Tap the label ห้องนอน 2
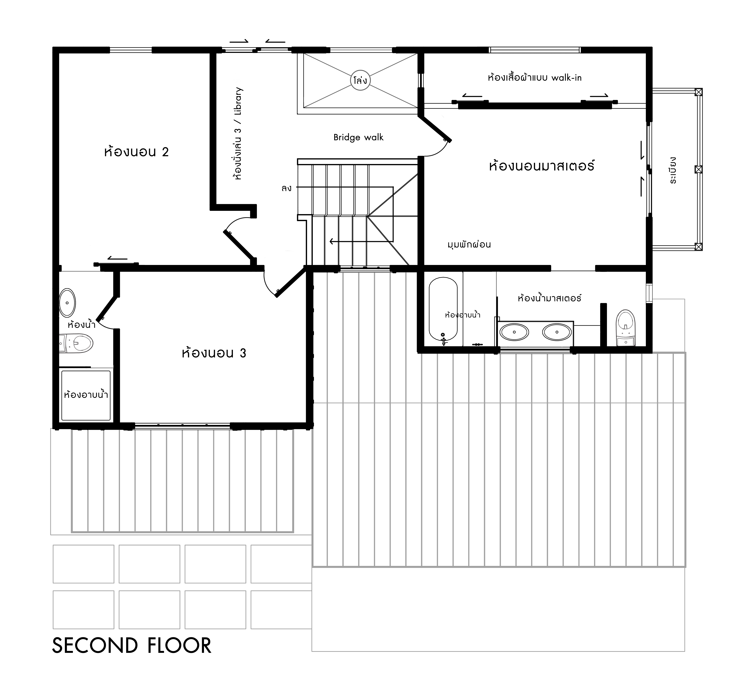tap(137, 152)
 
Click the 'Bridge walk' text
tap(358, 137)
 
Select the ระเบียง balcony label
tap(673, 170)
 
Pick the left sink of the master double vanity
tap(514, 332)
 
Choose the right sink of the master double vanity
tap(557, 332)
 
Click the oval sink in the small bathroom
tap(67, 303)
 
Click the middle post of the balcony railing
tap(698, 169)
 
